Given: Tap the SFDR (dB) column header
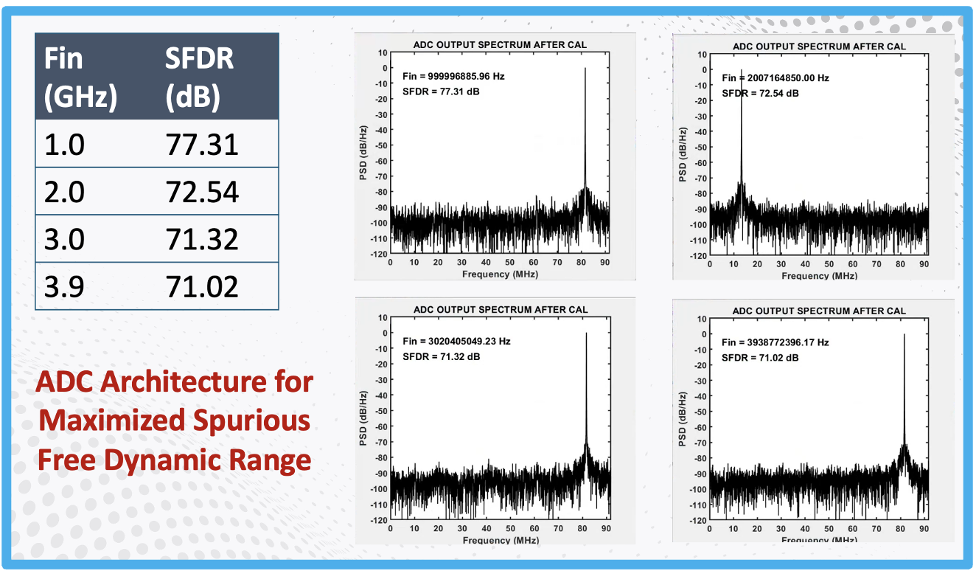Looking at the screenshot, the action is (200, 77).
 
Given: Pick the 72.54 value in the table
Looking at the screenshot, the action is (202, 192).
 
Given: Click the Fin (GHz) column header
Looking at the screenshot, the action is (80, 77).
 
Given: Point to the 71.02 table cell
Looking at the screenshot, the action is (202, 286).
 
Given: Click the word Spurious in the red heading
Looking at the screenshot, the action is (251, 421).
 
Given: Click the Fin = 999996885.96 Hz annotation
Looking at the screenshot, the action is (453, 76).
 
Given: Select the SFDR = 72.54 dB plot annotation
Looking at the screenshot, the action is (760, 94).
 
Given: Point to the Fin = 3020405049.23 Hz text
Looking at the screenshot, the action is (456, 341).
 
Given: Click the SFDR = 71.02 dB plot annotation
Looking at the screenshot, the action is (760, 358).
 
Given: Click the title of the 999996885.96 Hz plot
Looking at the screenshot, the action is (500, 44).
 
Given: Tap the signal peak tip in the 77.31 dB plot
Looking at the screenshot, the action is (585, 68).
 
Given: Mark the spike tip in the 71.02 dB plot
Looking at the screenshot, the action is (904, 335).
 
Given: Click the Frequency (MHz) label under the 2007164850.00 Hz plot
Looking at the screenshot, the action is (820, 276).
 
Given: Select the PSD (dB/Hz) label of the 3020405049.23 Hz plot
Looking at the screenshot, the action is (363, 418).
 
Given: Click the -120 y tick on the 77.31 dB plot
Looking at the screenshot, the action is (379, 254).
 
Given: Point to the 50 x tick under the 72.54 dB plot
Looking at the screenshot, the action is (829, 264).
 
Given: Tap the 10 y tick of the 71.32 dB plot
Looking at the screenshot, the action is (383, 317).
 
